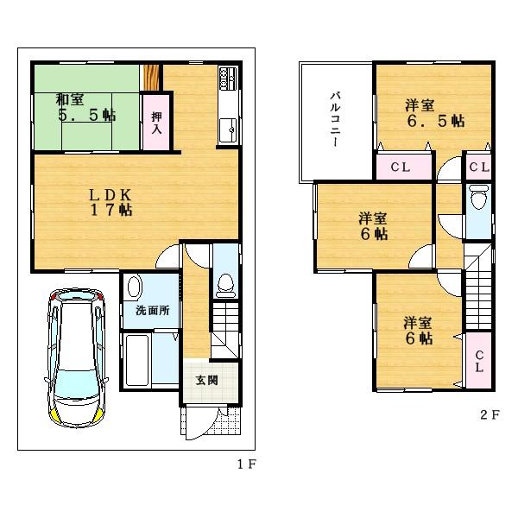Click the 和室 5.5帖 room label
click(86, 104)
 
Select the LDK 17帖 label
click(112, 200)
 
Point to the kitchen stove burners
click(228, 79)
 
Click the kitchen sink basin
click(230, 129)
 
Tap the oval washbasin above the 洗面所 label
click(134, 288)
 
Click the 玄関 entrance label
click(205, 380)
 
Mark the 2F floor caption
click(490, 414)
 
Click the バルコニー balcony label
click(333, 118)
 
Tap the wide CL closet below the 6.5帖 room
click(405, 166)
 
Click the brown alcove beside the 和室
click(151, 76)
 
